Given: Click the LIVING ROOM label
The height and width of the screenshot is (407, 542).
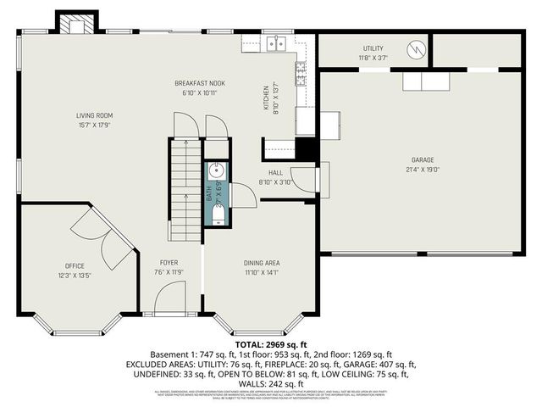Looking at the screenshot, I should [x=94, y=115].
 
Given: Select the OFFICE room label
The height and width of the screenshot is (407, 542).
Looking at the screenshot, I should [x=75, y=265].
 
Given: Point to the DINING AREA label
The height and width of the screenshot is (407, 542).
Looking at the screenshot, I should [x=261, y=263].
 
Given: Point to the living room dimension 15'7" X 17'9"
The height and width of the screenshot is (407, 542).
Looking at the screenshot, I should [x=94, y=125].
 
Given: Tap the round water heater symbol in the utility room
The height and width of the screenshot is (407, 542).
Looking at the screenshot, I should [x=414, y=49].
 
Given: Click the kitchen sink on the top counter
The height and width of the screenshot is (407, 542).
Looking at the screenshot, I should [x=275, y=44].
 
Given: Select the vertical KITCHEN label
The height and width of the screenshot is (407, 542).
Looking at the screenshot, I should [x=266, y=98].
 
